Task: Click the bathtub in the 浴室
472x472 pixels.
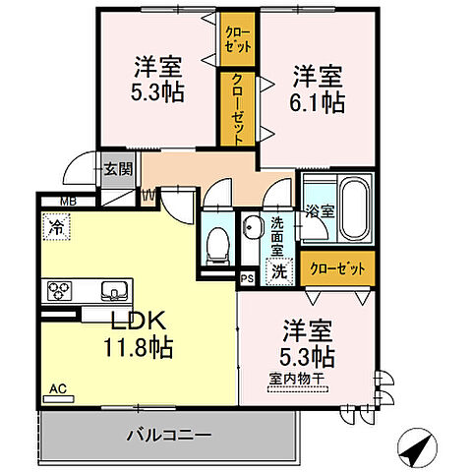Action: (353, 209)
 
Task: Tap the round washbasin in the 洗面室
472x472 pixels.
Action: (250, 228)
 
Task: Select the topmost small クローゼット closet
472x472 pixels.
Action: (235, 40)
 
